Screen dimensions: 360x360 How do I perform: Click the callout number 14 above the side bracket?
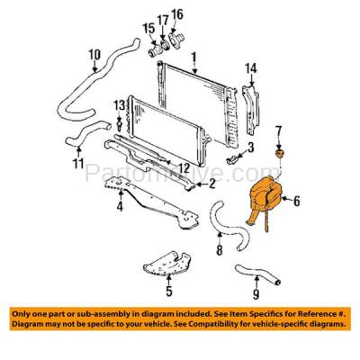click(x=252, y=67)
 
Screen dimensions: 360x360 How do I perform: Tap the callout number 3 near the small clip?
click(x=251, y=146)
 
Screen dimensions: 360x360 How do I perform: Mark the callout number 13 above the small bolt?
click(x=118, y=106)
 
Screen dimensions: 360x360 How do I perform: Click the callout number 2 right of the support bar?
click(x=212, y=186)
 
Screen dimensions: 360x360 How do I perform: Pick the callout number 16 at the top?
click(x=176, y=13)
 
